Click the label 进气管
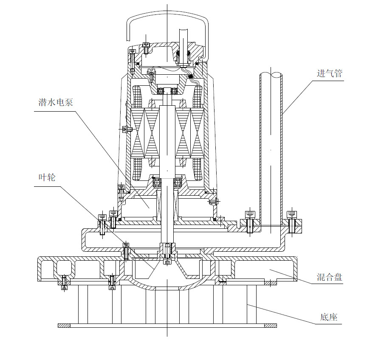click(329, 73)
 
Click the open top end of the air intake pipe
click(271, 75)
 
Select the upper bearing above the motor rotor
click(167, 90)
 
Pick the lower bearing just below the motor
click(167, 183)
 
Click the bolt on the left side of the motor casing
click(124, 129)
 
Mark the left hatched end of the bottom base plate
click(64, 326)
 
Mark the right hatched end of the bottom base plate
click(271, 326)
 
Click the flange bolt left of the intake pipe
click(250, 222)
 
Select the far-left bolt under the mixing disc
click(64, 281)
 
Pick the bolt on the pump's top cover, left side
click(146, 48)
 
